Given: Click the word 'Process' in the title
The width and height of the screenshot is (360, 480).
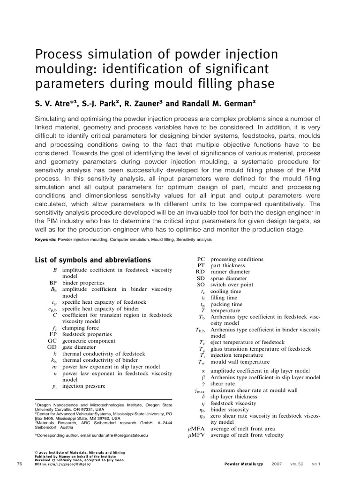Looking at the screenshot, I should tap(59, 55).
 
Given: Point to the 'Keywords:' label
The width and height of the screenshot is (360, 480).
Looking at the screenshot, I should tap(46, 240).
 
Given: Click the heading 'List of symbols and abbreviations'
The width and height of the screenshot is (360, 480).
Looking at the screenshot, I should tap(93, 260).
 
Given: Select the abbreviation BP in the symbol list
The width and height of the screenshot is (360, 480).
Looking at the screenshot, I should tap(53, 283).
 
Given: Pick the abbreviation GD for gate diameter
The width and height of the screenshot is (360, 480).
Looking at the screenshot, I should tap(52, 347).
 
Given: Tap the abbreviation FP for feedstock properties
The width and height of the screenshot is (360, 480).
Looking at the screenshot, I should tap(52, 334).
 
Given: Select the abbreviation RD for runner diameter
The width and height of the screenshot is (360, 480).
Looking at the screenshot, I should tap(200, 272).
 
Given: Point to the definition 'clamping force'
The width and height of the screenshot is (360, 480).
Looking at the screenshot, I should tap(81, 328).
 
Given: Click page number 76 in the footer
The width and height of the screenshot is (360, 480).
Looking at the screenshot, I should tap(19, 464).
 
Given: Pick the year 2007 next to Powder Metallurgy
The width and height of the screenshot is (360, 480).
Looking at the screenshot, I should tap(277, 464).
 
